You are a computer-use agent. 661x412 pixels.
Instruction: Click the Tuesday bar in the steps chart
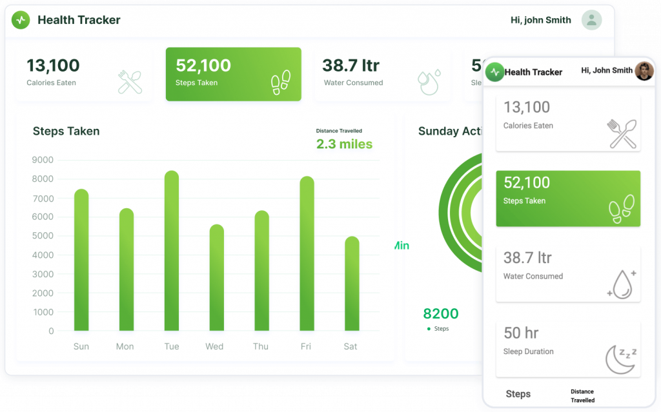coord(172,251)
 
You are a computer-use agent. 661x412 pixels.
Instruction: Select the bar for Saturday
coord(351,284)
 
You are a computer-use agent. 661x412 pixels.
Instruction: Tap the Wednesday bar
coord(217,277)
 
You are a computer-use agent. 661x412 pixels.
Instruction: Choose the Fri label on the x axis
coord(306,346)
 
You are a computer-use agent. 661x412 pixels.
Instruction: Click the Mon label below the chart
coord(125,346)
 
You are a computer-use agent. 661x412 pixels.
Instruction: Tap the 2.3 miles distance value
coord(344,144)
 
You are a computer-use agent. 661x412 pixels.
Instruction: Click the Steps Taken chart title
coord(66,131)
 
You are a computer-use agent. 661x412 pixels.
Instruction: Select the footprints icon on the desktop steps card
coord(281,83)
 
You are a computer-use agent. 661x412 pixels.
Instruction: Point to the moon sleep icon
coord(621,358)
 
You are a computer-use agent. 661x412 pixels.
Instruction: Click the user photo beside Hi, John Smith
coord(644,70)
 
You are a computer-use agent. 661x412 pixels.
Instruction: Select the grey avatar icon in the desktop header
coord(591,20)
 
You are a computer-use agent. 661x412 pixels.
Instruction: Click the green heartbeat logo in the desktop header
coord(21,20)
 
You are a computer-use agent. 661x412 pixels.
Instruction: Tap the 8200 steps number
coord(440,314)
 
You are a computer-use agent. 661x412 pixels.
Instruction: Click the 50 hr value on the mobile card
coord(521,333)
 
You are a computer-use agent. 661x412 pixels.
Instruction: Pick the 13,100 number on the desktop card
coord(53,65)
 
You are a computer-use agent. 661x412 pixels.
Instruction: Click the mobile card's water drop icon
coord(622,284)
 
